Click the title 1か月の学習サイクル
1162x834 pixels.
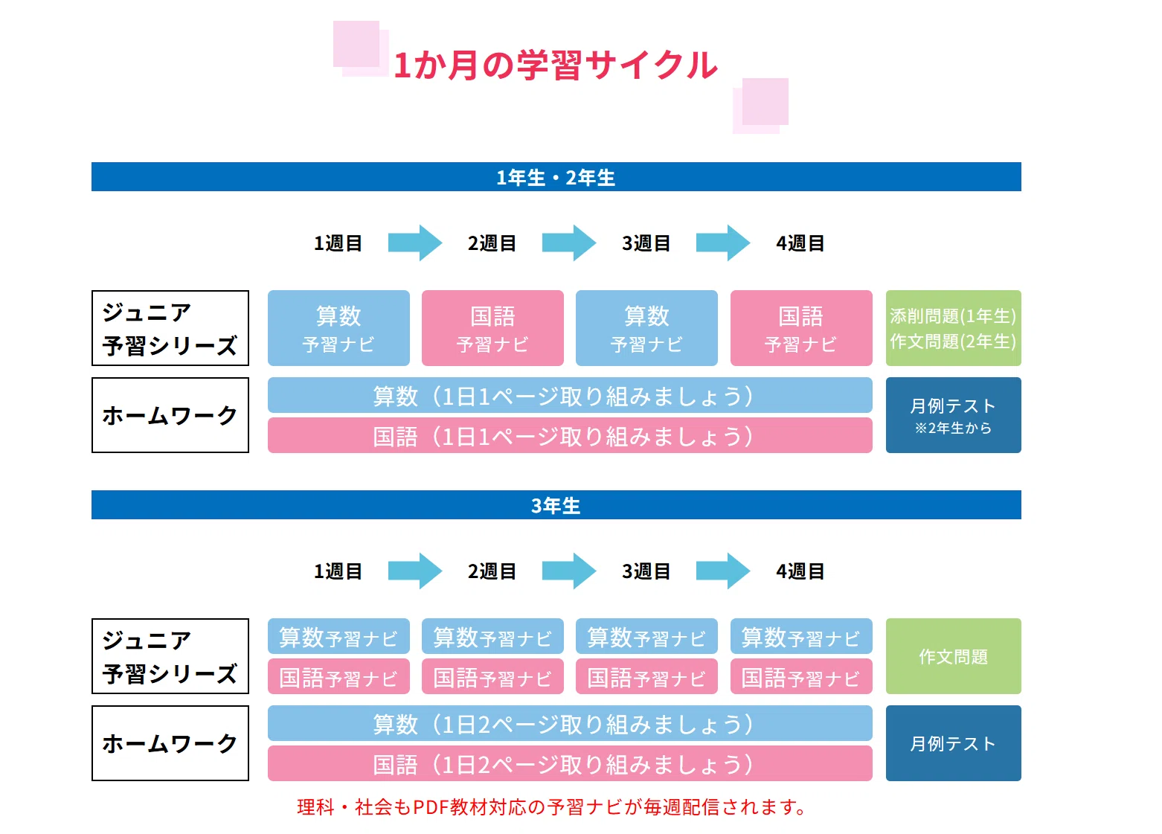(x=555, y=65)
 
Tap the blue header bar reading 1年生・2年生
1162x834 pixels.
(x=556, y=177)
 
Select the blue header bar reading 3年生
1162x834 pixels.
(x=556, y=504)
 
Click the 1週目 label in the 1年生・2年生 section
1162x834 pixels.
(x=338, y=243)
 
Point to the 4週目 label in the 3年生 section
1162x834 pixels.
(x=800, y=571)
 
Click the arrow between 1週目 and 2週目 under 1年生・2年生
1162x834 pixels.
(x=415, y=243)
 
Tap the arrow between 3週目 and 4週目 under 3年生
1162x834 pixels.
(x=722, y=571)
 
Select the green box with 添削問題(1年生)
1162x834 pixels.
(x=953, y=328)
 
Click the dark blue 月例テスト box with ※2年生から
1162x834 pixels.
(x=953, y=415)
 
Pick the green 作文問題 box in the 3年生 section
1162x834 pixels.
(x=953, y=656)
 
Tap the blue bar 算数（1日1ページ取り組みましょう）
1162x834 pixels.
(x=570, y=395)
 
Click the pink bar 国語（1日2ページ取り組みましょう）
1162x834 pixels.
(x=570, y=763)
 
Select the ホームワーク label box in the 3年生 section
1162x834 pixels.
(x=170, y=743)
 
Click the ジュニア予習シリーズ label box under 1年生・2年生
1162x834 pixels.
(x=170, y=328)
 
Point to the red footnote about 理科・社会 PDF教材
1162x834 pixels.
(x=551, y=807)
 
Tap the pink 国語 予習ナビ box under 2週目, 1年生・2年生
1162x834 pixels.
(x=492, y=328)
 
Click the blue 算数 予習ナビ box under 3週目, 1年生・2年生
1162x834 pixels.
(x=646, y=328)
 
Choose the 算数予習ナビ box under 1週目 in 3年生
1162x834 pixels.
(x=338, y=636)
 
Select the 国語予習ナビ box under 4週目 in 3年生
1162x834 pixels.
(x=801, y=676)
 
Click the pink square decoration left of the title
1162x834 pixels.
(x=361, y=49)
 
